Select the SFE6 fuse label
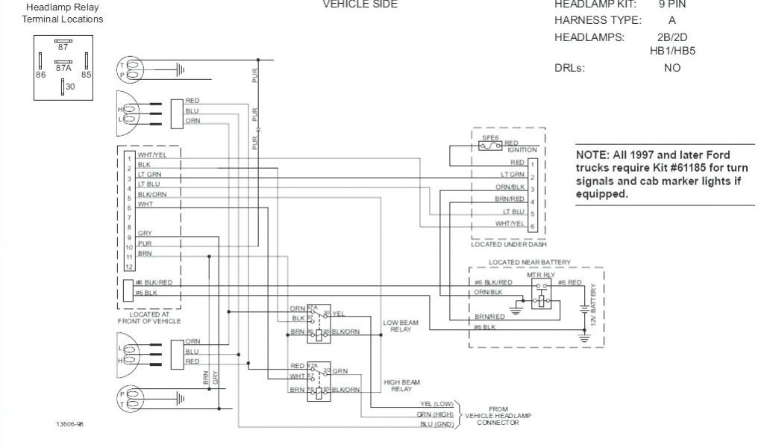click(489, 138)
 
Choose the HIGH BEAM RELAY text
click(397, 385)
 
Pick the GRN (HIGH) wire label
click(436, 414)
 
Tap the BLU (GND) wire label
click(437, 424)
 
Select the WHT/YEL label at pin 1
click(151, 155)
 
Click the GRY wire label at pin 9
click(144, 234)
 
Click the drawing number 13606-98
click(69, 423)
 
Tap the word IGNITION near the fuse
click(522, 150)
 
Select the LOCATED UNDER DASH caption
click(508, 244)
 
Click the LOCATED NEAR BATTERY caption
click(530, 262)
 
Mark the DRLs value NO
click(671, 68)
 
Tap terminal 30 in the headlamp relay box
click(69, 87)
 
